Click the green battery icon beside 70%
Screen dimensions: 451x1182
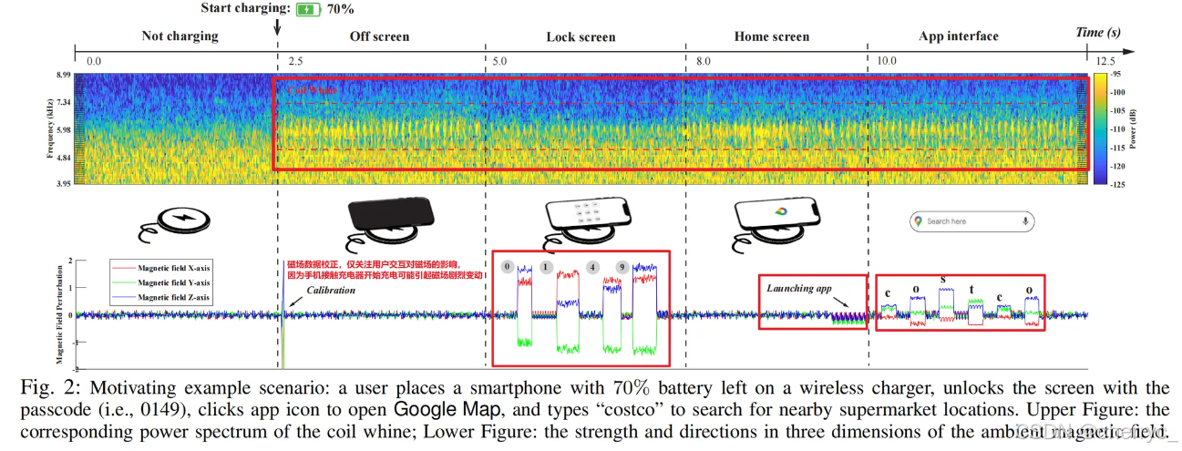tap(308, 9)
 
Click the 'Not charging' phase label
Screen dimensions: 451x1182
tap(180, 36)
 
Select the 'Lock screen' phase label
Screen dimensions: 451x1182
tap(581, 37)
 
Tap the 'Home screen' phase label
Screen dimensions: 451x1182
tap(771, 36)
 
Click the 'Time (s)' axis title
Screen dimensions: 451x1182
tap(1097, 33)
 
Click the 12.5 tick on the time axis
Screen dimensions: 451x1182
tap(1105, 60)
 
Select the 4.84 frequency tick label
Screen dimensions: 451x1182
tap(64, 158)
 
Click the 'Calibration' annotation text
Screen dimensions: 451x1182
tap(330, 291)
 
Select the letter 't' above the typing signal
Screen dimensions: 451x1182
tap(971, 291)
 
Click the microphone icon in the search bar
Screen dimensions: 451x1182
tap(1026, 221)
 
